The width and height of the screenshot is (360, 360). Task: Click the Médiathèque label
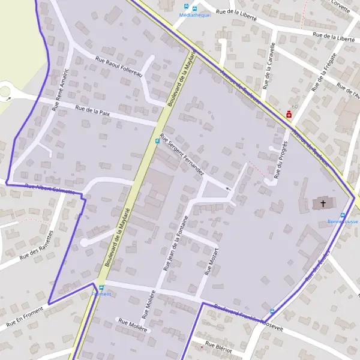(190, 16)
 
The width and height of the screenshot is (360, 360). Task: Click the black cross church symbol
(323, 203)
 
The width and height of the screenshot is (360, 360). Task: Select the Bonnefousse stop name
(343, 221)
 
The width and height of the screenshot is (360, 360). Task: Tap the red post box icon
(289, 113)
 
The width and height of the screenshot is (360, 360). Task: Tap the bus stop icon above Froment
(101, 287)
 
